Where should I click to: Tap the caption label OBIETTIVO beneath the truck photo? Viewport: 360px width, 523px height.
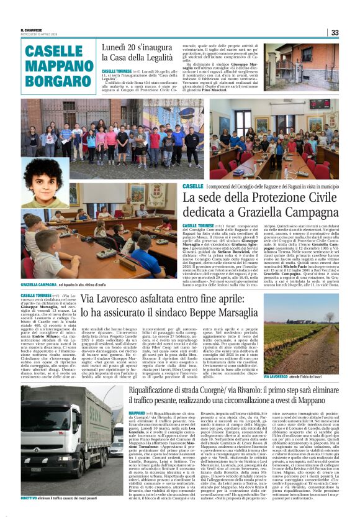pyautogui.click(x=29, y=515)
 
